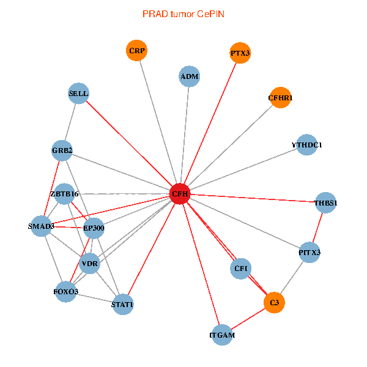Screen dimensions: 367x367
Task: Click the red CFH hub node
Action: (180, 194)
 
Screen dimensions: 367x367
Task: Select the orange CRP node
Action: (138, 51)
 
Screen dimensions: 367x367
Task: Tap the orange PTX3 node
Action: (240, 53)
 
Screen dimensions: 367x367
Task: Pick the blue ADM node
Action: (190, 76)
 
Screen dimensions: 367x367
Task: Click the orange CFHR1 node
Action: (281, 98)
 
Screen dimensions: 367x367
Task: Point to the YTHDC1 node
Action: (307, 145)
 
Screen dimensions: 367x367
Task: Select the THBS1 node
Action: (326, 202)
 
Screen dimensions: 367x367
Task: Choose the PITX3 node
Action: (310, 252)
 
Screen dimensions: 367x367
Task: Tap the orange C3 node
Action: (275, 302)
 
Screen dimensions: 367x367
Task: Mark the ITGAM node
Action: (222, 335)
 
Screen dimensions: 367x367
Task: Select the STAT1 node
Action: (122, 303)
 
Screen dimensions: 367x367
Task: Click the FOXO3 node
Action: (65, 292)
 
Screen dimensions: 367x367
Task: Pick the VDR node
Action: (90, 264)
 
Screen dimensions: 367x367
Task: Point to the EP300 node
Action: (94, 228)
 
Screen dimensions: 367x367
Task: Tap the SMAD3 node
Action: (42, 226)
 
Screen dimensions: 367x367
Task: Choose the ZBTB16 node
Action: (64, 194)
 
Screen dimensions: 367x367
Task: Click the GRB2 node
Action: (62, 150)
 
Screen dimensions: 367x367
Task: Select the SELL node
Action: (79, 94)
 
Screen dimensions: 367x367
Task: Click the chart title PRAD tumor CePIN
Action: (183, 13)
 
